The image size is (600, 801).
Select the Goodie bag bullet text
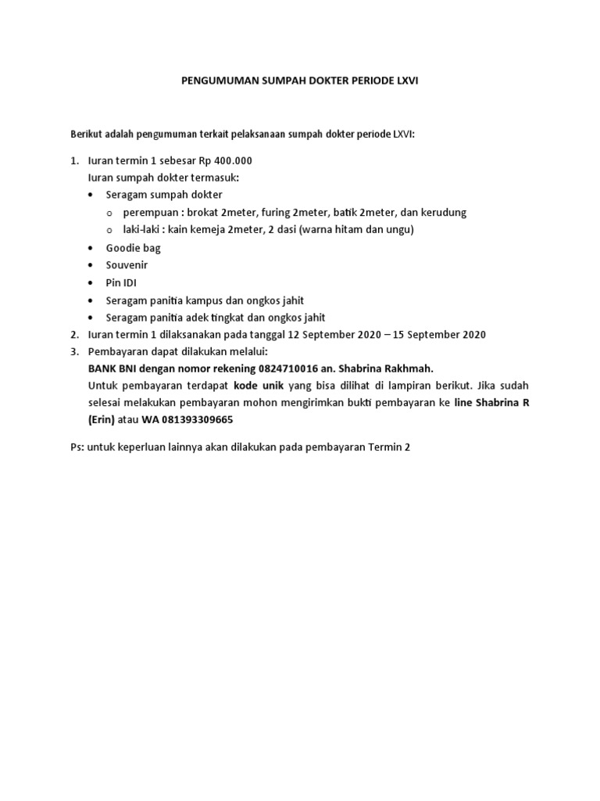coord(133,248)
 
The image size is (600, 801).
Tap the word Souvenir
coord(127,265)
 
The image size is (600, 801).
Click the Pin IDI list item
coord(121,282)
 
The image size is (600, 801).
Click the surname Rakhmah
coord(404,368)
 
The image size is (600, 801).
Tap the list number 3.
coord(74,352)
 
